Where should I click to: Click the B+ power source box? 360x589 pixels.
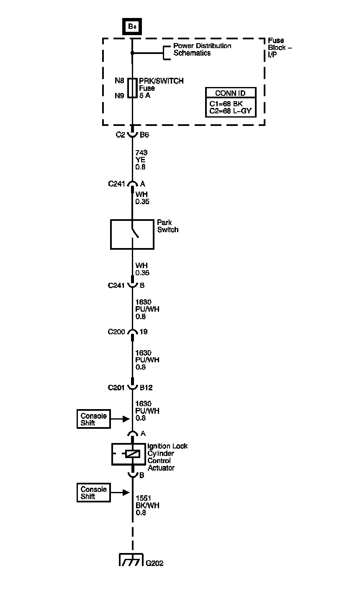132,26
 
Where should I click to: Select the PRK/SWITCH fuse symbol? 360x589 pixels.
132,88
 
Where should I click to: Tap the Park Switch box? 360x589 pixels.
132,234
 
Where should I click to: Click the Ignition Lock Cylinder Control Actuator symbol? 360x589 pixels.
132,454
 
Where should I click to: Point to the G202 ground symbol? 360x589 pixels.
132,560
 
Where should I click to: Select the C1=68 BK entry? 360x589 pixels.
226,103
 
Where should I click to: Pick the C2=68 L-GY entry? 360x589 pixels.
230,110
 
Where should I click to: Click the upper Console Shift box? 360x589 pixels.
94,419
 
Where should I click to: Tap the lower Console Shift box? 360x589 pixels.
94,493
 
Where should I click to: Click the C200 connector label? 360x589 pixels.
116,332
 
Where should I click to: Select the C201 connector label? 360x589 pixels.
116,387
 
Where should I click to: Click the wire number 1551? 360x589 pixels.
143,498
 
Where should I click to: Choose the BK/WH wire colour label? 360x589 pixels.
147,505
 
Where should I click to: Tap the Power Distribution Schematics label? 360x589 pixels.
202,49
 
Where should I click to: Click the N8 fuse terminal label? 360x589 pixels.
120,81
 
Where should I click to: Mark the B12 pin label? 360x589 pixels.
146,387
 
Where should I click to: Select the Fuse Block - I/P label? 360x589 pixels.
280,48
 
